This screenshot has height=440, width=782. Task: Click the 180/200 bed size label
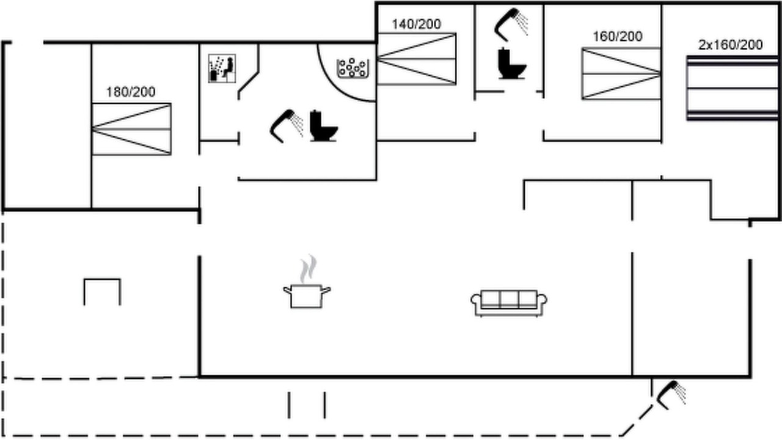(131, 92)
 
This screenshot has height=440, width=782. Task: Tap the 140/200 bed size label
(416, 24)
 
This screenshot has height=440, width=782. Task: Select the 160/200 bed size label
(618, 36)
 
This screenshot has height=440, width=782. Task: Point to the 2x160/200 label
(730, 45)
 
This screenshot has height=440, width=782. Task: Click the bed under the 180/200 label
(131, 129)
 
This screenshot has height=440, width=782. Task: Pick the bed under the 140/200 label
(417, 59)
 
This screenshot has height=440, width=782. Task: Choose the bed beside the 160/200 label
(621, 74)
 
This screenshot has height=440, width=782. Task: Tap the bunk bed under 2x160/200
(733, 88)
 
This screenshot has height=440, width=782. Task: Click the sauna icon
(222, 68)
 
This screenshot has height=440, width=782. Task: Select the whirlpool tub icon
(353, 68)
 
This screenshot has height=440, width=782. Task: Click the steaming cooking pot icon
(307, 282)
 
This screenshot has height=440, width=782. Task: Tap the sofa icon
(509, 303)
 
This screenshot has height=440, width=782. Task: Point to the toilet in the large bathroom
(323, 126)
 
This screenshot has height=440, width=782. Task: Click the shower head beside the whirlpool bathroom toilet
(287, 126)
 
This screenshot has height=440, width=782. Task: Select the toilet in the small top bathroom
(512, 63)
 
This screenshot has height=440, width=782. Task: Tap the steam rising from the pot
(308, 269)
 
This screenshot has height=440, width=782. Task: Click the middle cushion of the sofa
(509, 299)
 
